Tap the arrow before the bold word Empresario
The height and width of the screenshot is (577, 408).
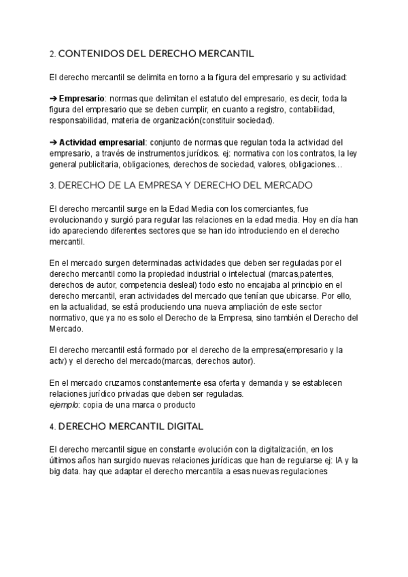(x=54, y=98)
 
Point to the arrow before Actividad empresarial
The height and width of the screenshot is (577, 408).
(x=54, y=142)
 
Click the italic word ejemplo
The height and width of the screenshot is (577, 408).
(x=63, y=405)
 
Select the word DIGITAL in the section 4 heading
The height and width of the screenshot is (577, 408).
(x=177, y=427)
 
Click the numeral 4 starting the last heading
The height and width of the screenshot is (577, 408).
(x=52, y=427)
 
